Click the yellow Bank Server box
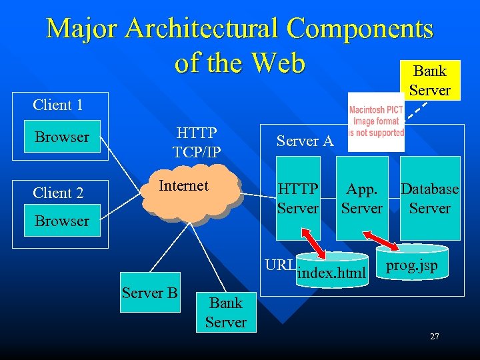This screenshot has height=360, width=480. click(x=429, y=80)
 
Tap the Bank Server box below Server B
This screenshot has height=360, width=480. click(x=226, y=312)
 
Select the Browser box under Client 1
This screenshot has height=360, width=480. click(x=61, y=137)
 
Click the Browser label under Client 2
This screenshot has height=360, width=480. click(x=61, y=221)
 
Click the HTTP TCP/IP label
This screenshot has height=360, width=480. click(x=197, y=143)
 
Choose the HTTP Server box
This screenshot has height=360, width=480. click(x=298, y=198)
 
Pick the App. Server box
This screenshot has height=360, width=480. click(x=361, y=198)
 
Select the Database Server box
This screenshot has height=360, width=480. click(x=430, y=198)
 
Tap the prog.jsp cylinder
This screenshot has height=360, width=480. click(x=411, y=265)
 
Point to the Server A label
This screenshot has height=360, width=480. click(x=305, y=141)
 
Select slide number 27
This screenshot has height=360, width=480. click(x=434, y=337)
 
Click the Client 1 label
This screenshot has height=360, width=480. click(x=58, y=105)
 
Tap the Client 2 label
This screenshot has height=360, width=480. click(x=58, y=193)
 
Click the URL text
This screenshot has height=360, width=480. click(x=279, y=264)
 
